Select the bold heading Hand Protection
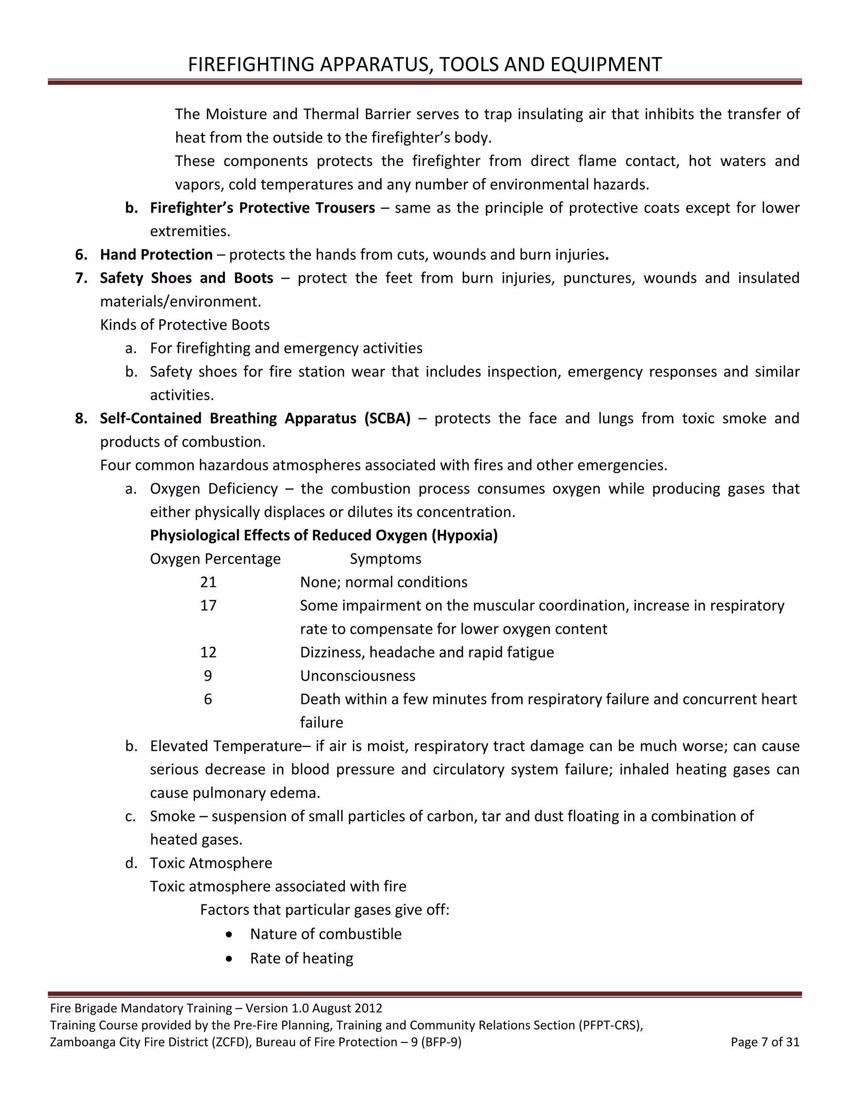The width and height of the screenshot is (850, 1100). coord(156,255)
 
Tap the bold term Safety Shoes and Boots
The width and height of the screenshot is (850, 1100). coord(186,278)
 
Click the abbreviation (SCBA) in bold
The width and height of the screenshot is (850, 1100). coord(387,418)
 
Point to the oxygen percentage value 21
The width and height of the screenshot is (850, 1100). coord(208,582)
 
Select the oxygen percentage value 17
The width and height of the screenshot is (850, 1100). coord(208,605)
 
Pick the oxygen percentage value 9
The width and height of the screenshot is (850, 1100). coord(208,676)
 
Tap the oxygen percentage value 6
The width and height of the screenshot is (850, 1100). coord(208,699)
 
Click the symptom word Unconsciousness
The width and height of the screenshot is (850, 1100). coord(357,676)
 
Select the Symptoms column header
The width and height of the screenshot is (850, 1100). coord(385,559)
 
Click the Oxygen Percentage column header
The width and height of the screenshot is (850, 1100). coord(215,559)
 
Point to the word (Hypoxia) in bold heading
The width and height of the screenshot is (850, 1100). coord(464,535)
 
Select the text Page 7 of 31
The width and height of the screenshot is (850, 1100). coord(765,1042)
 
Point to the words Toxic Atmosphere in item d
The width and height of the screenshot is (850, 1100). coord(211,863)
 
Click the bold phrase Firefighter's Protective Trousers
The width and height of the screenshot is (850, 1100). coord(262,208)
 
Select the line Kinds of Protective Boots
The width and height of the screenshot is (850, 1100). coord(185,325)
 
